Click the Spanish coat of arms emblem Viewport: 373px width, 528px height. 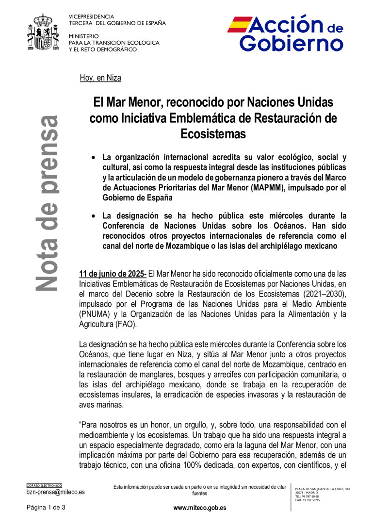[x=45, y=33]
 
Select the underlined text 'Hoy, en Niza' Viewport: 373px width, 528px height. [x=100, y=78]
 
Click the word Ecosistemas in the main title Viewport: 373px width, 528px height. [x=213, y=133]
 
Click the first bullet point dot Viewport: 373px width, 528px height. [x=94, y=158]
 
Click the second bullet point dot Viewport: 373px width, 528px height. [x=94, y=215]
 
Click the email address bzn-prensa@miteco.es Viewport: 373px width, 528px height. [x=55, y=492]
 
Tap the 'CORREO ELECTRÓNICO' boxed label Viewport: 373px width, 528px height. [x=44, y=485]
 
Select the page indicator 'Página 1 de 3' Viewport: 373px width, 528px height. [x=46, y=508]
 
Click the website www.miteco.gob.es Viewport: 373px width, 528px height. [x=199, y=508]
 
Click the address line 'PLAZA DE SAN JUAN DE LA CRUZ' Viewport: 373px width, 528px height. [x=322, y=489]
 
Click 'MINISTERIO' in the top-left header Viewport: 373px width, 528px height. [x=83, y=36]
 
